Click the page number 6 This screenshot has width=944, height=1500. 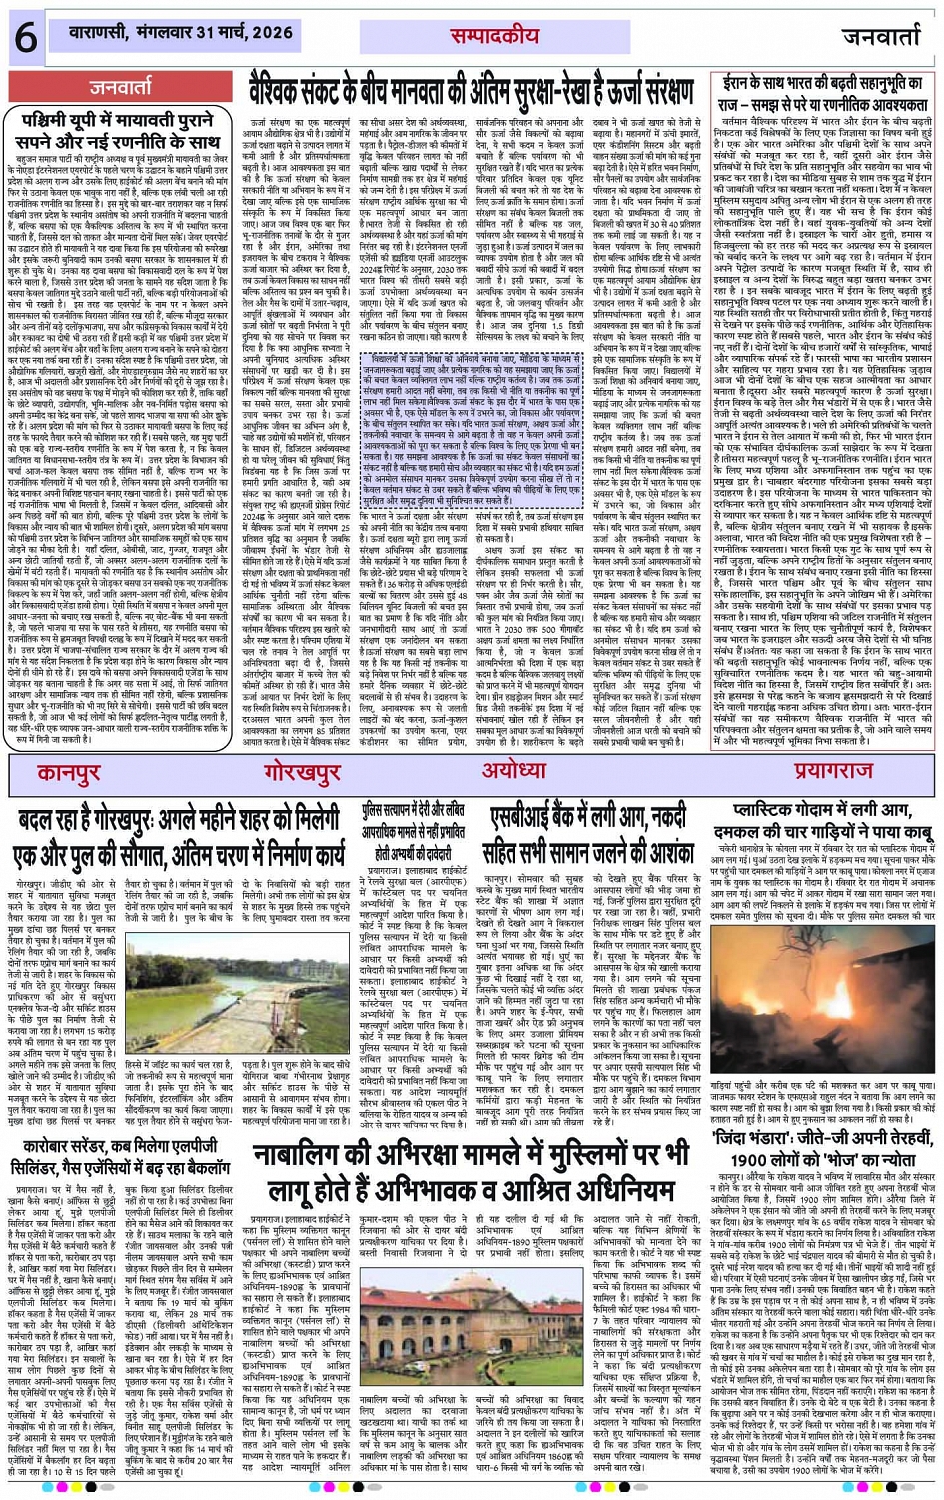24,36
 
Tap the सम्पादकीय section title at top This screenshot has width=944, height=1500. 493,36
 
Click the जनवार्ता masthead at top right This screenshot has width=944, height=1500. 880,37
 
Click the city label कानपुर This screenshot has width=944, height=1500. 69,773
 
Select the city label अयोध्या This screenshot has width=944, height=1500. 513,771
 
